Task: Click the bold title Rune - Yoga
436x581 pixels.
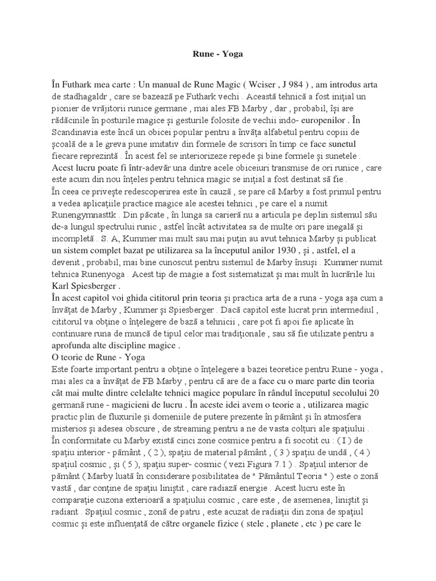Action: point(217,54)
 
